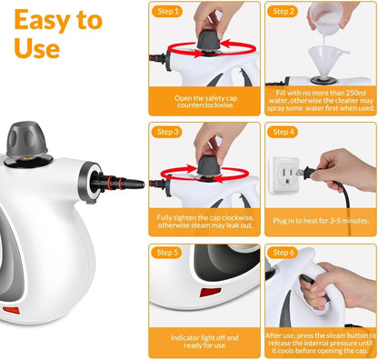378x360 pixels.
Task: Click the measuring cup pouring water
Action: [323, 15]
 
